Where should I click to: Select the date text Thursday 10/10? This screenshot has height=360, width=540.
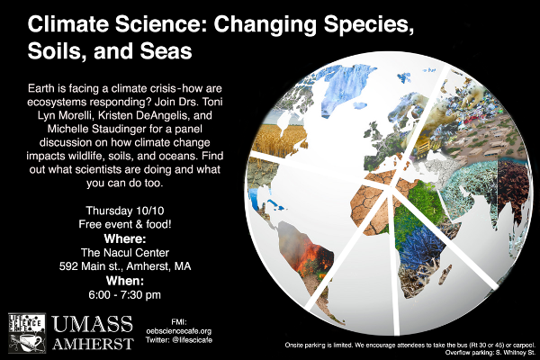(x=125, y=211)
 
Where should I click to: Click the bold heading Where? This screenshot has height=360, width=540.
(x=125, y=238)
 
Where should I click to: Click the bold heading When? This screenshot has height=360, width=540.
(x=125, y=281)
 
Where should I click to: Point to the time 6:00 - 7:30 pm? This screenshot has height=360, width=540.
(x=125, y=295)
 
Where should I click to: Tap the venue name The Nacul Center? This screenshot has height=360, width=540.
(x=125, y=253)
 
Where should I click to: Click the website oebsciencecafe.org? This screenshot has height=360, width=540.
(x=179, y=331)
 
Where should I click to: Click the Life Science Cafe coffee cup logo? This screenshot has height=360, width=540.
(x=27, y=333)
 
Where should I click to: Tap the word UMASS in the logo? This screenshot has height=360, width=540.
(x=93, y=325)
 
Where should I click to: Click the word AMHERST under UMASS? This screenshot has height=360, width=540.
(x=93, y=344)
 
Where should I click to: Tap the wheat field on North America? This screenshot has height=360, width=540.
(x=279, y=140)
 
